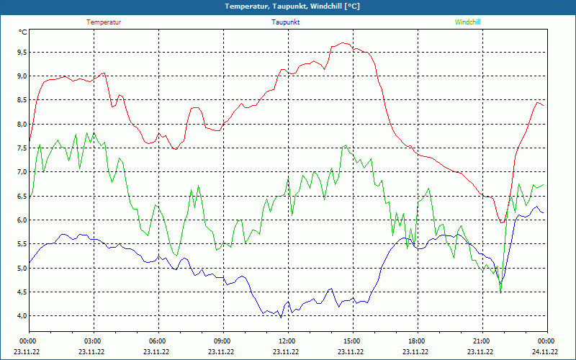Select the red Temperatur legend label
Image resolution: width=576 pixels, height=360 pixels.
tap(104, 22)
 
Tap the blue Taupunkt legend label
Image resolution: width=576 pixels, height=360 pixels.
tap(286, 22)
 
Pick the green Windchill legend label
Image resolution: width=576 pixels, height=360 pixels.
tap(467, 22)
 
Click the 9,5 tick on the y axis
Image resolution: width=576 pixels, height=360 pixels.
tap(22, 53)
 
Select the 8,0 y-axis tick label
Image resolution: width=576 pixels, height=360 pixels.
tap(22, 125)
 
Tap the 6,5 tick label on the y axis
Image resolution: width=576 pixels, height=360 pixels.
tap(22, 197)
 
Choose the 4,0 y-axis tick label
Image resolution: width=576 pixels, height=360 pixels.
tap(22, 316)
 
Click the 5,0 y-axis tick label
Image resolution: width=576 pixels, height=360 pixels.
tap(22, 269)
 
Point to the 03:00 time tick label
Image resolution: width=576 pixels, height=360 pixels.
tap(93, 341)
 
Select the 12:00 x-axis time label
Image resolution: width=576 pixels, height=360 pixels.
tap(287, 341)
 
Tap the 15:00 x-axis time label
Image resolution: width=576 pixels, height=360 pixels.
tap(351, 341)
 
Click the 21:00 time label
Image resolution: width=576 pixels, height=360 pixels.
tap(481, 341)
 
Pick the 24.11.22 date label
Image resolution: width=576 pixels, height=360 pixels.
tap(544, 352)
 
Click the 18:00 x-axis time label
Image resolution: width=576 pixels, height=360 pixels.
tap(416, 341)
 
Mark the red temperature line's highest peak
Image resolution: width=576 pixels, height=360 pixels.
tap(343, 43)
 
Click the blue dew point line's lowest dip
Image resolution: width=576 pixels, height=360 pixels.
tap(281, 317)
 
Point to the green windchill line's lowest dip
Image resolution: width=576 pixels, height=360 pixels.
tap(500, 291)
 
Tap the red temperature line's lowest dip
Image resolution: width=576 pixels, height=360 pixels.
tap(501, 223)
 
